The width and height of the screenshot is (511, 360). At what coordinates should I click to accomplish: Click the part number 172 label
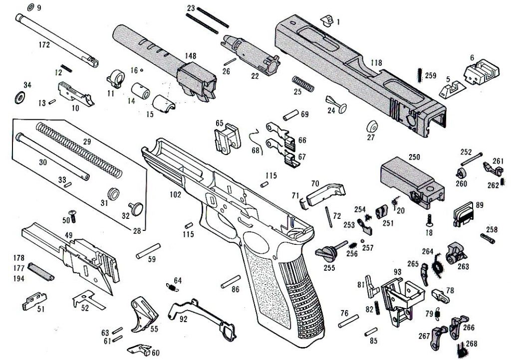pos(44,45)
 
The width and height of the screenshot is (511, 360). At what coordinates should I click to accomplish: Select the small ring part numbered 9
pos(29,7)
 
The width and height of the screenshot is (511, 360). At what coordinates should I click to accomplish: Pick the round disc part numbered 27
pos(372,125)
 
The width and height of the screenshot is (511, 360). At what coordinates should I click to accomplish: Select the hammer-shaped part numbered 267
pos(439,334)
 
